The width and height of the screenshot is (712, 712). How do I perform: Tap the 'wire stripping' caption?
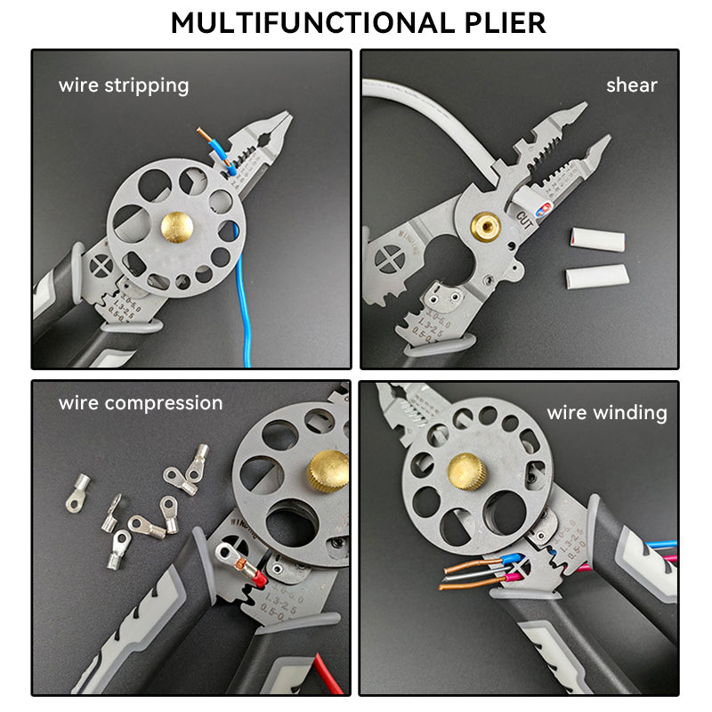click(x=124, y=85)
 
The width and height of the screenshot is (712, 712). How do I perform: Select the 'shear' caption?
click(x=631, y=85)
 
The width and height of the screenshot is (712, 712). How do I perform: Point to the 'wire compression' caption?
click(x=141, y=402)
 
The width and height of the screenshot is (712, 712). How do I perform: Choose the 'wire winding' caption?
click(x=606, y=412)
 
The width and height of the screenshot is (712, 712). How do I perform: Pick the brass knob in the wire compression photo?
click(x=328, y=471)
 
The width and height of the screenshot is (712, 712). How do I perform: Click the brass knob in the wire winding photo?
click(x=466, y=470)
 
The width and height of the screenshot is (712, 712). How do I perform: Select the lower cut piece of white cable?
click(x=597, y=277)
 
